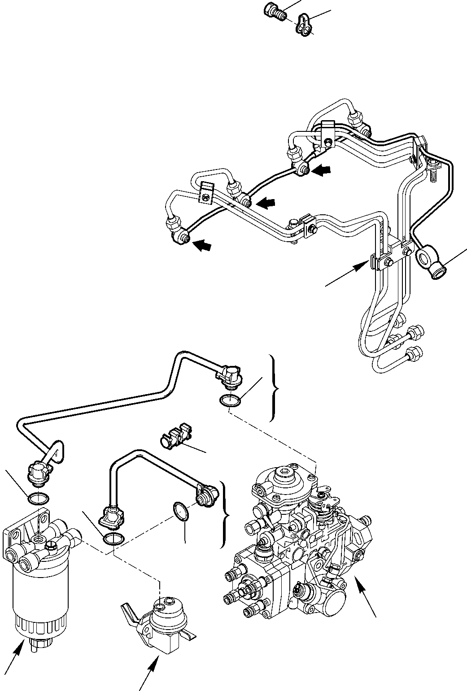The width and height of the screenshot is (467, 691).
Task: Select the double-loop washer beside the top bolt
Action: tap(303, 24)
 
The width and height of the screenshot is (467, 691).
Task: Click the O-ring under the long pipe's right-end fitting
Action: tap(230, 400)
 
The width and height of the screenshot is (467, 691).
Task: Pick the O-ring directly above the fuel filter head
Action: tap(38, 497)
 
